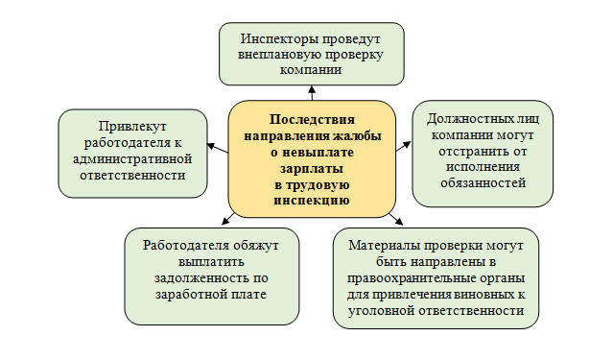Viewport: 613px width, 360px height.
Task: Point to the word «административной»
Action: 133,158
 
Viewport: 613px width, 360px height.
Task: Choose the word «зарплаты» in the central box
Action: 312,167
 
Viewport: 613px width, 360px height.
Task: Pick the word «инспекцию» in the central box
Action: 312,200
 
